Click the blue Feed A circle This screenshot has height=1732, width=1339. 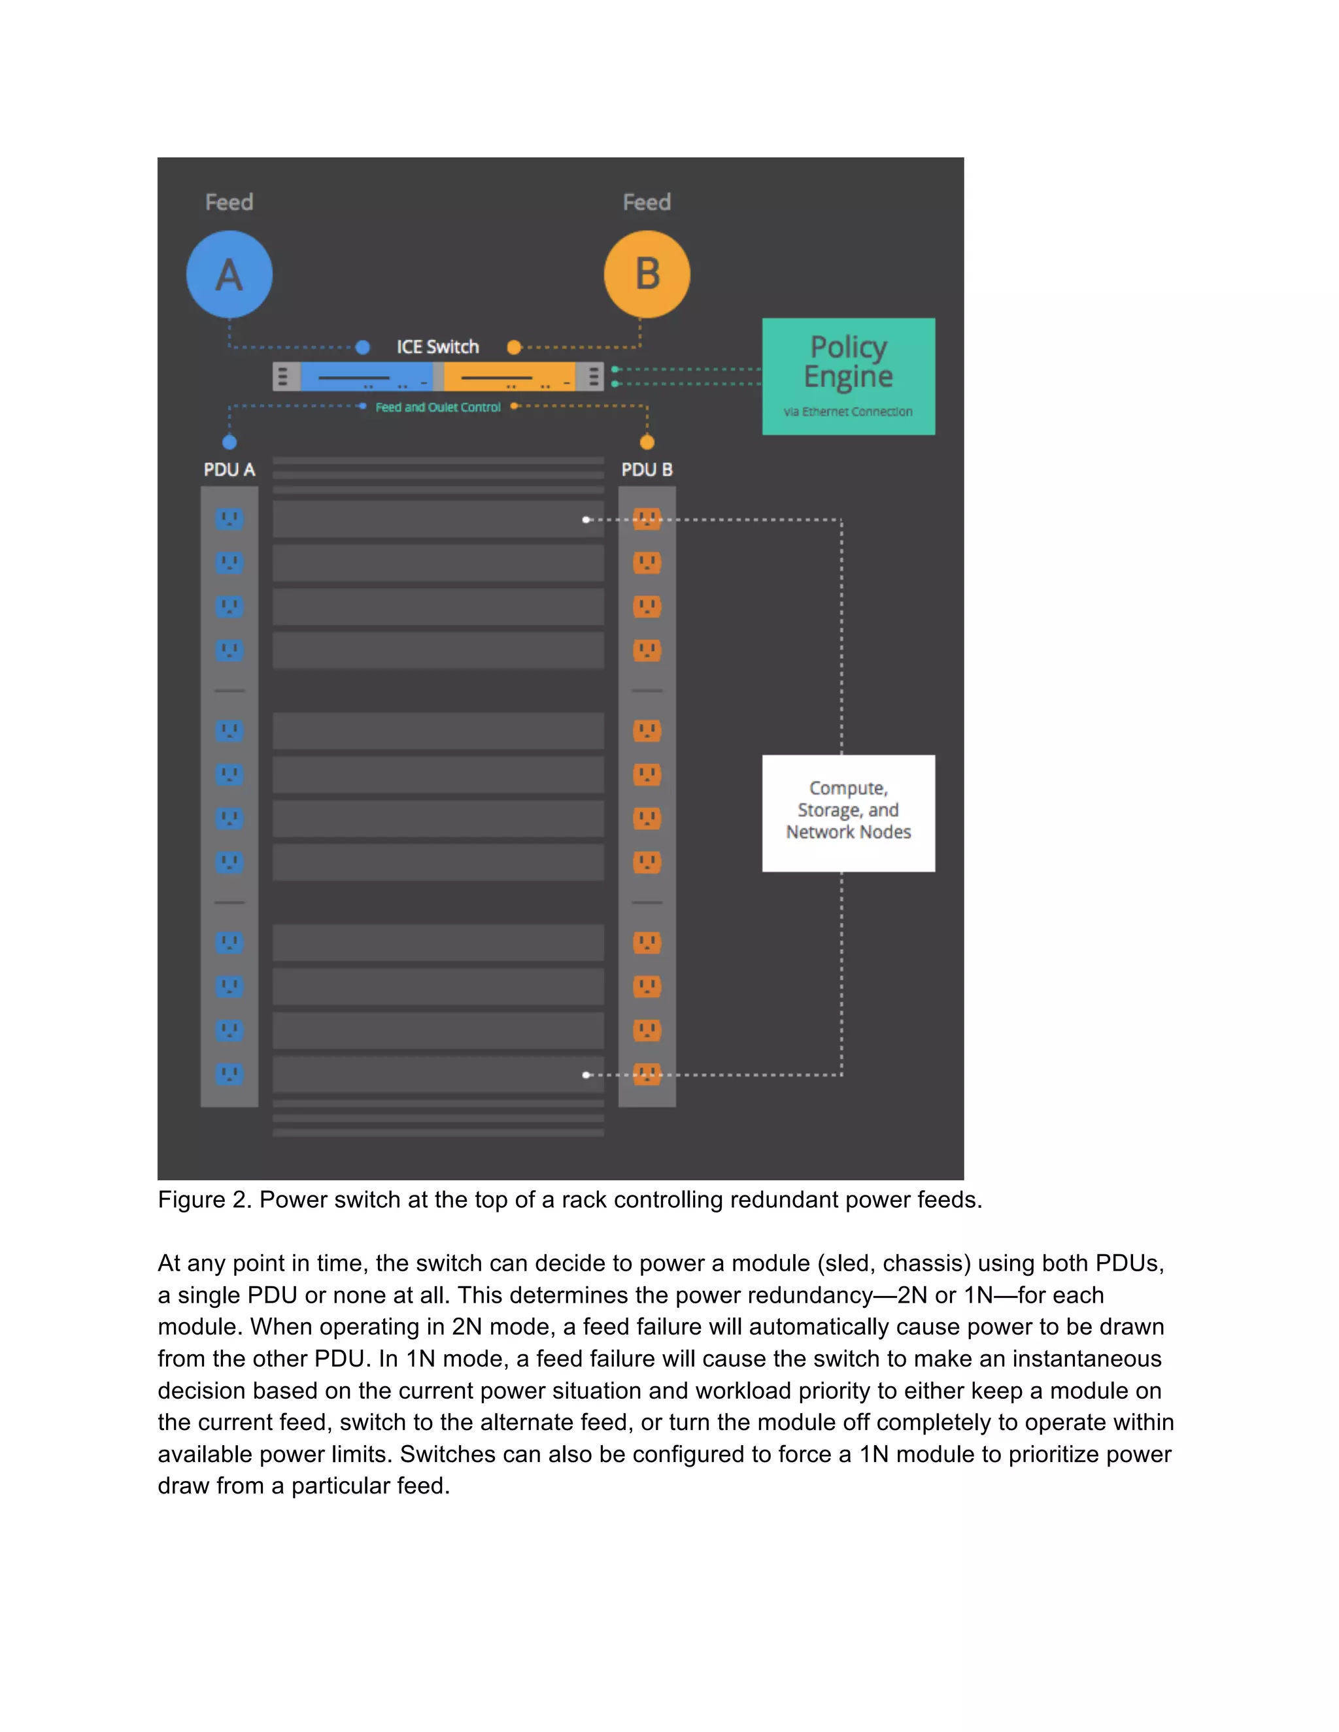(229, 275)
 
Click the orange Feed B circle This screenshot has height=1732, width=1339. (647, 275)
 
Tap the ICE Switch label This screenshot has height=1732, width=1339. (438, 346)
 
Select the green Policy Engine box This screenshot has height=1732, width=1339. (848, 376)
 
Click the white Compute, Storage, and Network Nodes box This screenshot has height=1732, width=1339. (848, 813)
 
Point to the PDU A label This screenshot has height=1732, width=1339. (229, 469)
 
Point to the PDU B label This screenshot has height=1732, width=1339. (647, 469)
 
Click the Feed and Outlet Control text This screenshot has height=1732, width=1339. (438, 407)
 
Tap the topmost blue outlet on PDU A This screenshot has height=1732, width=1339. (229, 519)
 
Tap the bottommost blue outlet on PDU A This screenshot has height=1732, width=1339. (229, 1074)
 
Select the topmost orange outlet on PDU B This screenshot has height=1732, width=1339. (647, 519)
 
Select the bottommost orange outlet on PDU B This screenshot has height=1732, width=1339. (647, 1074)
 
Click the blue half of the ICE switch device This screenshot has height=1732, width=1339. (367, 376)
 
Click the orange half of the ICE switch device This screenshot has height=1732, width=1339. (509, 376)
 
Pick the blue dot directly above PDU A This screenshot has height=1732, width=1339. (229, 442)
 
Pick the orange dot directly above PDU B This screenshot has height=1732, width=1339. (647, 442)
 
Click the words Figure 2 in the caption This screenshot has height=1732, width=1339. (204, 1200)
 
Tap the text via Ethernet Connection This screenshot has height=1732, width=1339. (848, 412)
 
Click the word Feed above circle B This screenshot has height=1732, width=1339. (647, 202)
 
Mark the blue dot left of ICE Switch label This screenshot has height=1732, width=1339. (362, 346)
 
